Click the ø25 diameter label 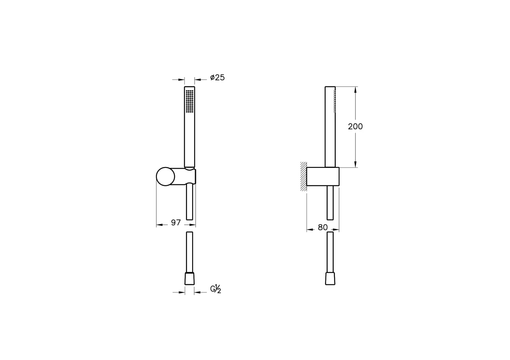pos(217,78)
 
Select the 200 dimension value pos(355,126)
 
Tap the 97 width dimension pos(176,222)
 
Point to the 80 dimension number pos(323,227)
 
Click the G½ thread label pos(215,289)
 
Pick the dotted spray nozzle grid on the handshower pos(190,101)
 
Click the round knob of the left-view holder pos(165,176)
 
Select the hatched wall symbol pos(303,176)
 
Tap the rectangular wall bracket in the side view pos(323,176)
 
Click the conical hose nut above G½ pos(190,278)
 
